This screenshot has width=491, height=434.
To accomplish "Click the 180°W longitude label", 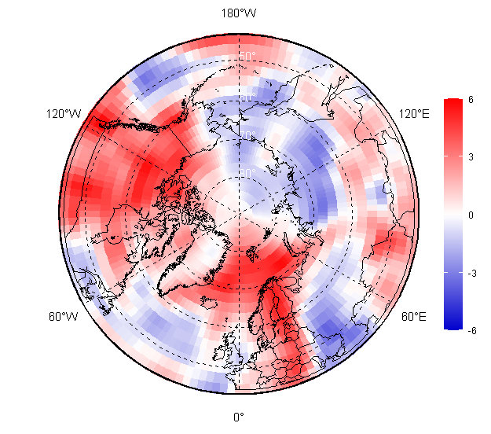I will click(238, 13).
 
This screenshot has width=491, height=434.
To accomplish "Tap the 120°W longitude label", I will click(64, 114).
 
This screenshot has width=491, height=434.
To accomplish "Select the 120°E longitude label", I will click(414, 114).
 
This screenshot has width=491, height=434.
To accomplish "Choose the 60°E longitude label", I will click(413, 317).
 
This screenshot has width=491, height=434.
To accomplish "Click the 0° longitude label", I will click(238, 417).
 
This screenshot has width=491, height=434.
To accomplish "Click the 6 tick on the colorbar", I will click(470, 100).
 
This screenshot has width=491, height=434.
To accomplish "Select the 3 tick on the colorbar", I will click(470, 157).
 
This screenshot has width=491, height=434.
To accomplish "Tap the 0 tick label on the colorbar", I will click(470, 215).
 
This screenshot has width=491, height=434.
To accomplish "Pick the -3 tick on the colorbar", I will click(470, 273).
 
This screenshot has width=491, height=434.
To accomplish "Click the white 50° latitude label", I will click(247, 57).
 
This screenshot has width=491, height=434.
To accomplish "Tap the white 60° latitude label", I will click(247, 97).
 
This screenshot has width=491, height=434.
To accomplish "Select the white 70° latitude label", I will click(247, 136).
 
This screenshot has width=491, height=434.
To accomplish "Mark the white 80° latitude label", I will click(247, 173).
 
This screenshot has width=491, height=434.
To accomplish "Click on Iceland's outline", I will click(213, 300).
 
